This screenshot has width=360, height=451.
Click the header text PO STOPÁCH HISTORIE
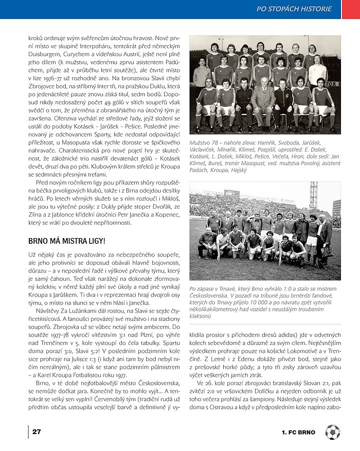[x=294, y=9]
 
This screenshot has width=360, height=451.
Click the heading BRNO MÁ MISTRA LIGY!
[x=67, y=240]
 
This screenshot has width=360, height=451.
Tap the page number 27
[x=37, y=431]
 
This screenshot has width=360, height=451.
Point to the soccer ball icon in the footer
[x=332, y=431]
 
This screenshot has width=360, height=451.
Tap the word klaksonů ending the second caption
[x=202, y=316]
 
